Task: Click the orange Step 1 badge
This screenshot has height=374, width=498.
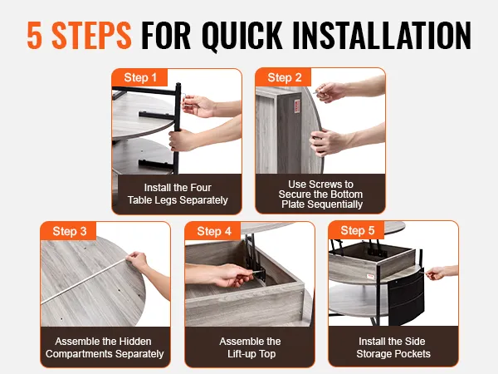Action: (139, 77)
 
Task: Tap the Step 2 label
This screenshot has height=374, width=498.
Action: (284, 77)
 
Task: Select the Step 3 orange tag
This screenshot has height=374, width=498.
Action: (69, 231)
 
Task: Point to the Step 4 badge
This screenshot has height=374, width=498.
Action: (213, 231)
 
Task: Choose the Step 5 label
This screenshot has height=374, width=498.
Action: (357, 230)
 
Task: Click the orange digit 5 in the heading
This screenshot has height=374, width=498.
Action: (35, 35)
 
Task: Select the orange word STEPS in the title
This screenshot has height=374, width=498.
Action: (91, 35)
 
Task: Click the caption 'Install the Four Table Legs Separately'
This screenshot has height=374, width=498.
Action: (178, 194)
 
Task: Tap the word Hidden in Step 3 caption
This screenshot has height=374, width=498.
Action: (135, 342)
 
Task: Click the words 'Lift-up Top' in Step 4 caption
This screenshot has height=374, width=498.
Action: (251, 354)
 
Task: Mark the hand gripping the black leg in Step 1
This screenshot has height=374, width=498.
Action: (181, 140)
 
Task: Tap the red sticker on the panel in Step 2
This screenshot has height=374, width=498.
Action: (297, 106)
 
